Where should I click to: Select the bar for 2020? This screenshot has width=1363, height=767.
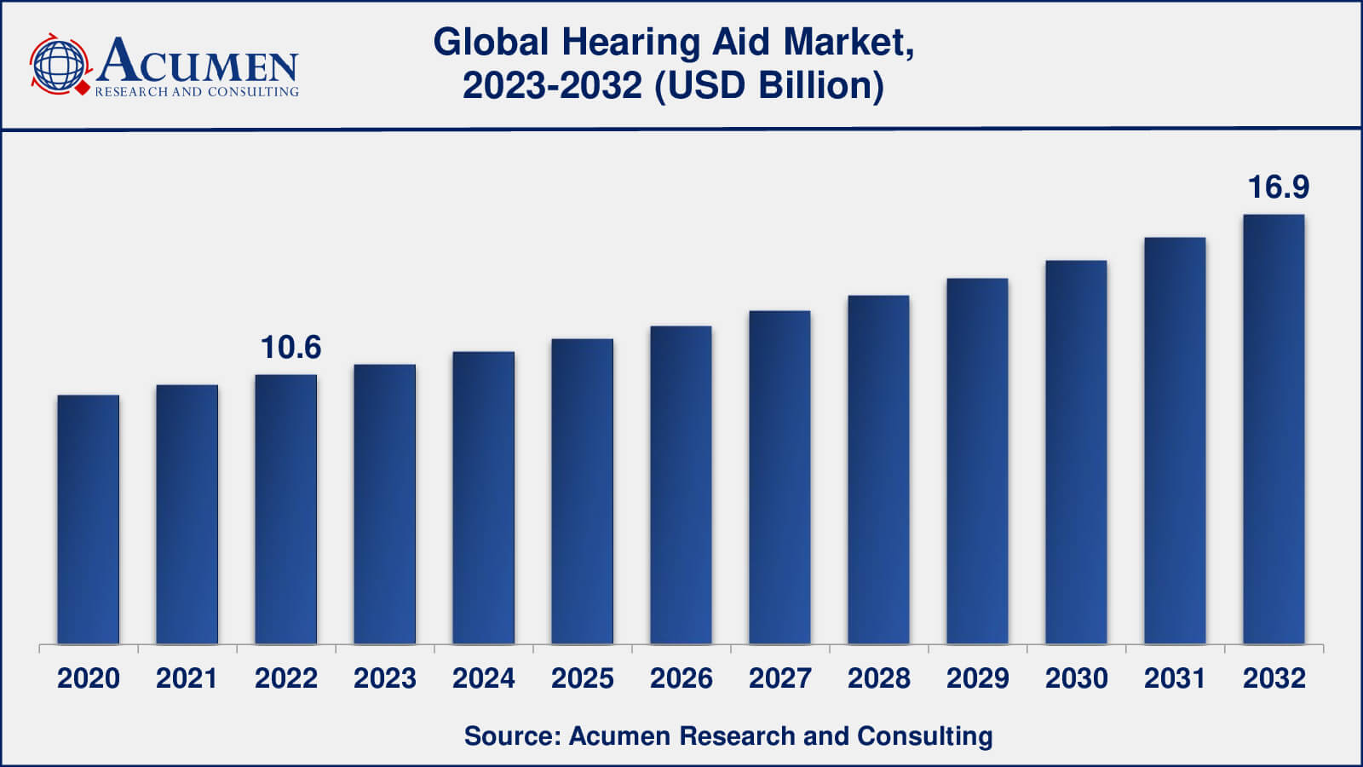(89, 520)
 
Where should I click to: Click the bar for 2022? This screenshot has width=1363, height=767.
(286, 510)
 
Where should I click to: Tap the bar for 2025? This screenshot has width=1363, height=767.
(583, 492)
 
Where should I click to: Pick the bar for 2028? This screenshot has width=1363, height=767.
(878, 470)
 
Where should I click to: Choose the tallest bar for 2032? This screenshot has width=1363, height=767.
(1274, 430)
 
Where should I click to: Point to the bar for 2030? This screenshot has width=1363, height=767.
(1076, 453)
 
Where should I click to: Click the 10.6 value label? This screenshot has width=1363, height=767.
(290, 348)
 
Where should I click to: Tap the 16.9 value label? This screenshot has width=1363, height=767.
(1278, 187)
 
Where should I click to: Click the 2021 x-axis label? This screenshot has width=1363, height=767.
(187, 678)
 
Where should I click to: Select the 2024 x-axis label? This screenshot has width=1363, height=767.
(483, 678)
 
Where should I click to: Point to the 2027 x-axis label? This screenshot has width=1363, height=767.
(779, 678)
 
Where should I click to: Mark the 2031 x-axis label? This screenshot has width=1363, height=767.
(1175, 678)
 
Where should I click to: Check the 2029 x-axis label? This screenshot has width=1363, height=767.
(977, 678)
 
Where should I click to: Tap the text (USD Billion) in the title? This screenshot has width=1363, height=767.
(769, 86)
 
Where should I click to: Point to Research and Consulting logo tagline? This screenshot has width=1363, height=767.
(197, 92)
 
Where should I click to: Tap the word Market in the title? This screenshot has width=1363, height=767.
(848, 43)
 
